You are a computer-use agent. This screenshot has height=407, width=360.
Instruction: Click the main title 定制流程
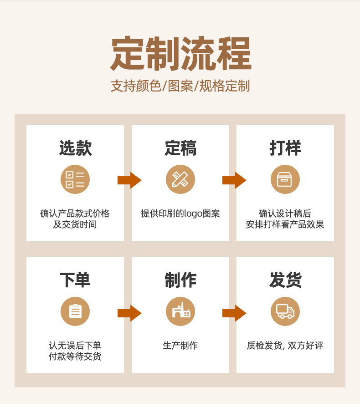coord(180,54)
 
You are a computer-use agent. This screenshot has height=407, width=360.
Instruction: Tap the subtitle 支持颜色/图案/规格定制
coord(180,86)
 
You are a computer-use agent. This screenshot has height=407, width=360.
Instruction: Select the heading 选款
coord(75,148)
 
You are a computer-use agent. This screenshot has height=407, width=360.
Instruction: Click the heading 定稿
coord(180,148)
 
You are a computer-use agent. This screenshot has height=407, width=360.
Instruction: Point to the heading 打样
coord(285,148)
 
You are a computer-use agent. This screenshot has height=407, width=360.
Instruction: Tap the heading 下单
coord(75,280)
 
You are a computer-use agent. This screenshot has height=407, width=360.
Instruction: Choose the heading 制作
coord(180,280)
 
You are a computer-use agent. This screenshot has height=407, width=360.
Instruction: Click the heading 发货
coord(285,280)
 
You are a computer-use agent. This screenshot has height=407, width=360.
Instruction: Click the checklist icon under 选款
coord(75,179)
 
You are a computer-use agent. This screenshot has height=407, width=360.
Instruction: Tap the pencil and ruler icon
coord(180,179)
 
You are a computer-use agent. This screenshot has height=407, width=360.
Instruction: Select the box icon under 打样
coord(285,179)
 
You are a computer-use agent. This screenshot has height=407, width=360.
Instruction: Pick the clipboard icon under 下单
coord(75,311)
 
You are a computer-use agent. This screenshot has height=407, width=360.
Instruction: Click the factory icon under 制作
coord(180,311)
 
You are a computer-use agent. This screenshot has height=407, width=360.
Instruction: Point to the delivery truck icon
coord(285,311)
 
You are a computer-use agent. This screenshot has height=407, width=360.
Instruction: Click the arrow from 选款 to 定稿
coord(129,180)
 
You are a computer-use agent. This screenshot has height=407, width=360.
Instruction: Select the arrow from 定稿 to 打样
coord(234,180)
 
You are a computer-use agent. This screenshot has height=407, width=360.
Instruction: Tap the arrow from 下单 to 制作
coord(129,313)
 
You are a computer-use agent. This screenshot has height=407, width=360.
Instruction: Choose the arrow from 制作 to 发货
coord(234,313)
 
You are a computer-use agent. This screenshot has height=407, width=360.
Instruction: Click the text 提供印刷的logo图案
coord(180,214)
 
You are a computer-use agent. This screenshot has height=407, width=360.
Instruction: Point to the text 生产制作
coord(180,346)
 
